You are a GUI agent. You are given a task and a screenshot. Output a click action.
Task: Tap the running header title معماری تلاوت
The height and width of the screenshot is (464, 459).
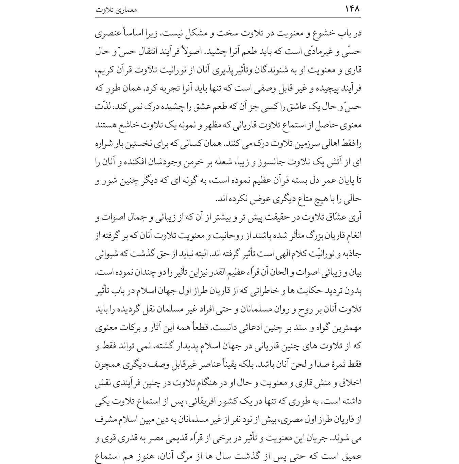point(116,10)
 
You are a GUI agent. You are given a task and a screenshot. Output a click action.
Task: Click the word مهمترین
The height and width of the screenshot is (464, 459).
point(346,328)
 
